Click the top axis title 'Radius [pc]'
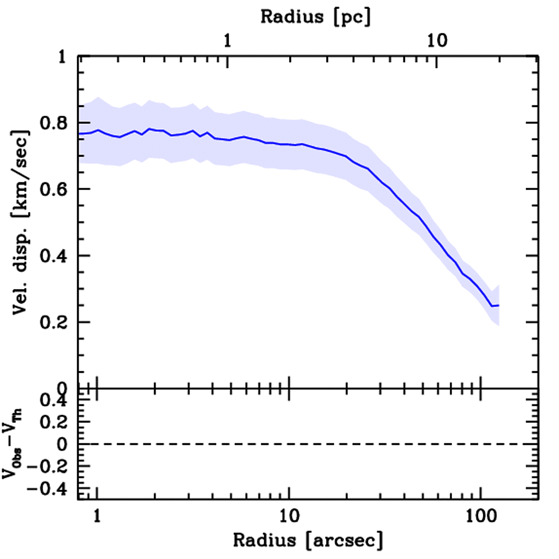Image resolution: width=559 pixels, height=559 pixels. [316, 17]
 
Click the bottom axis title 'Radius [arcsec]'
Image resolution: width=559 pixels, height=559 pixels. [308, 540]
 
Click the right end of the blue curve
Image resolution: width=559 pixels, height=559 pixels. [498, 305]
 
